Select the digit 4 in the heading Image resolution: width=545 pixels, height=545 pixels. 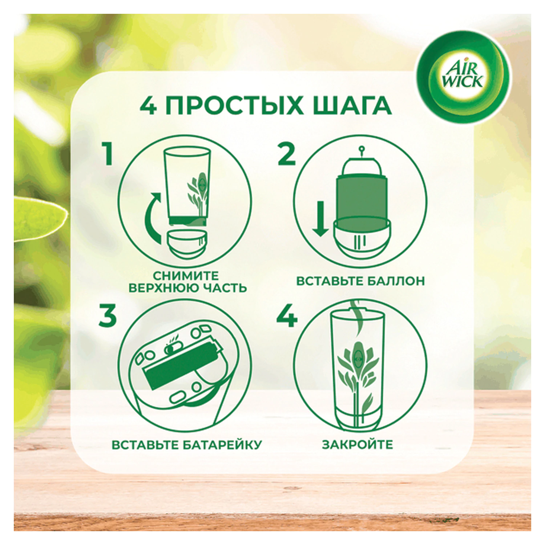coord(149,106)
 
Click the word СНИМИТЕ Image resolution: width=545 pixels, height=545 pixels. coord(186,275)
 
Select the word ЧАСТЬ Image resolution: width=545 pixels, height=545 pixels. coord(224,288)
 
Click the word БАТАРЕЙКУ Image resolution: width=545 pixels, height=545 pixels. coord(222,445)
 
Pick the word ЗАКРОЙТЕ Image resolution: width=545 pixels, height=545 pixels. coord(358,445)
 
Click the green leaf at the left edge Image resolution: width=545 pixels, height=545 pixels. coord(40,218)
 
